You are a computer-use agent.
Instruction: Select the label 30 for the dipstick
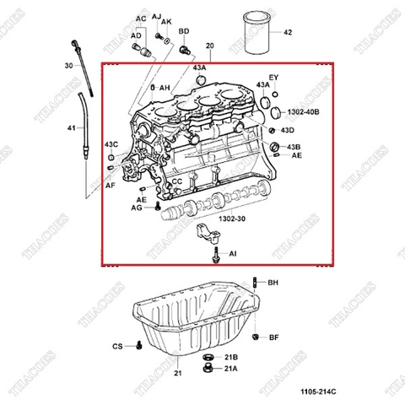tap(68, 65)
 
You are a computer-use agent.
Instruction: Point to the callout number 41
tap(70, 127)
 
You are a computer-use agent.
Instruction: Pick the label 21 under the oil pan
tap(178, 373)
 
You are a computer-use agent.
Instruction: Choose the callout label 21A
tap(230, 369)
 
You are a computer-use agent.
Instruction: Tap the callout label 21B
tap(230, 358)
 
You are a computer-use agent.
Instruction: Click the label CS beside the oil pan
tap(117, 347)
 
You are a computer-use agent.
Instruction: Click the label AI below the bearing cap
tap(233, 253)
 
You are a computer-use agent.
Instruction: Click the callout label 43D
tap(287, 131)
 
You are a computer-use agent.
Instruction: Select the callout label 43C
tap(111, 144)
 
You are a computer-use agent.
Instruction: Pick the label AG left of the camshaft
tap(137, 207)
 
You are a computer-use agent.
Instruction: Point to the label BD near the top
tap(184, 31)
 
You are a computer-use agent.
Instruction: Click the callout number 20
tap(209, 45)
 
